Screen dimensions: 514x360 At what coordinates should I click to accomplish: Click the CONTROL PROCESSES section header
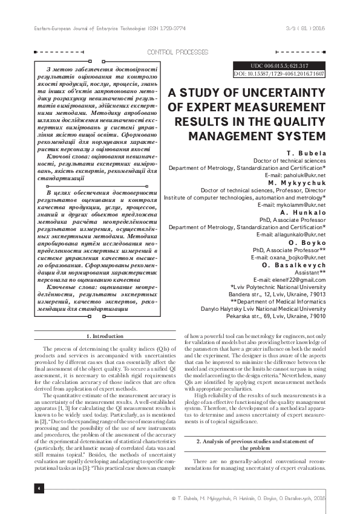(x=177, y=53)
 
